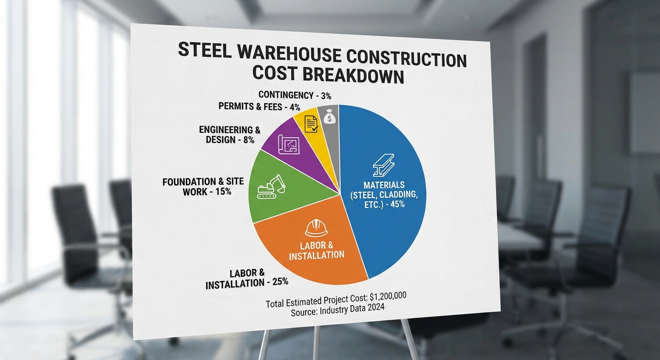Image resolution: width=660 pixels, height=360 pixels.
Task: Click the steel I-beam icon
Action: tap(384, 164)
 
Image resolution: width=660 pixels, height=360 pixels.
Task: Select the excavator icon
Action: tap(271, 187)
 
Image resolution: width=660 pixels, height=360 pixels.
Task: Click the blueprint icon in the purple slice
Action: tap(289, 146)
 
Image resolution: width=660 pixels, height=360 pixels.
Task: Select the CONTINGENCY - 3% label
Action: tap(295, 96)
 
